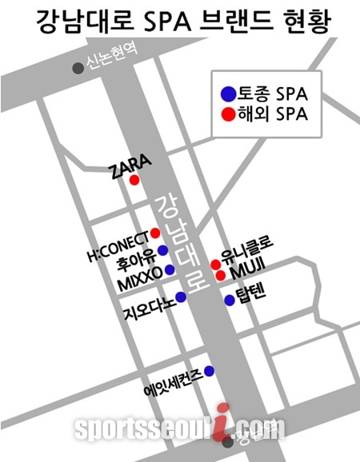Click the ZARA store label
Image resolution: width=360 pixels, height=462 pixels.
click(x=129, y=166)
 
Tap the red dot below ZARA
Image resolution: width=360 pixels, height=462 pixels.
click(x=135, y=181)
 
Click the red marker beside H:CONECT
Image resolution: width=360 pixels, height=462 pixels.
click(x=156, y=233)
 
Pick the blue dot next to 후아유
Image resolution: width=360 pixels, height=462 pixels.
click(x=163, y=250)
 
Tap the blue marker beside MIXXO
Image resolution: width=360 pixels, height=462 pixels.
click(x=170, y=271)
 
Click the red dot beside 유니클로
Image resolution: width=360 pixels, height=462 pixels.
click(x=215, y=264)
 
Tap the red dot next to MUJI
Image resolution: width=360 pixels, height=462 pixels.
click(x=221, y=276)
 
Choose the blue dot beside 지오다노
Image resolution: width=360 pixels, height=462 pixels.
click(x=181, y=297)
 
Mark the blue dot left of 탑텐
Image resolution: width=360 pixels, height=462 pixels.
click(x=230, y=301)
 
